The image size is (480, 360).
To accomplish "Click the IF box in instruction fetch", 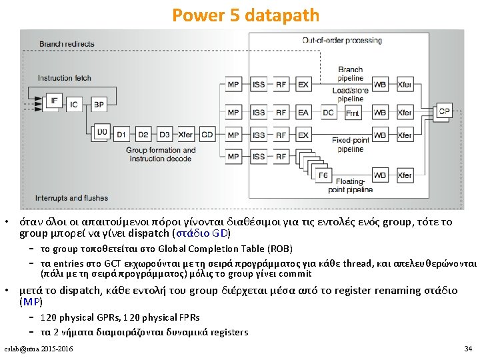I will coord(55,101).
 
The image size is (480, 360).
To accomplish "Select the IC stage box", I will coord(74,105).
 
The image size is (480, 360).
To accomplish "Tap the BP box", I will coord(98,105).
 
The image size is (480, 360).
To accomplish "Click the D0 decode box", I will coord(101,133).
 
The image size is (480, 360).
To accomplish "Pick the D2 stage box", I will coord(143,135).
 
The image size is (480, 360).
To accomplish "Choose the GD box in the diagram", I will coord(207,135).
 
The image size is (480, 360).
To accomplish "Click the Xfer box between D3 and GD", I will coord(185,135).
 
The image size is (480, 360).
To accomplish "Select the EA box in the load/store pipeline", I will coord(303,113).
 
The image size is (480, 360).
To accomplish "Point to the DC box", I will coord(328,113).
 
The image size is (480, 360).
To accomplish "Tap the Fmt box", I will coord(352,113).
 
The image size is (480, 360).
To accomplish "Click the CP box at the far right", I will coord(443,111).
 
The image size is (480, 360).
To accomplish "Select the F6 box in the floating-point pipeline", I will coord(323,175).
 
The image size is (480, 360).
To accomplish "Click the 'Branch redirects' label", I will coord(67,44).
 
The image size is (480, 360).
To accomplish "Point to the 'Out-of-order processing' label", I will coord(342,40).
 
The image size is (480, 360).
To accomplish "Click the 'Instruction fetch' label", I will coord(64,78).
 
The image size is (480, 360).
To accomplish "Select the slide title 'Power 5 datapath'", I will coord(245,15).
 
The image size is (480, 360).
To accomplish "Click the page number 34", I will coord(467,349).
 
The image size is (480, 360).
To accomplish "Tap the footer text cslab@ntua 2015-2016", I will coord(39,349).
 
